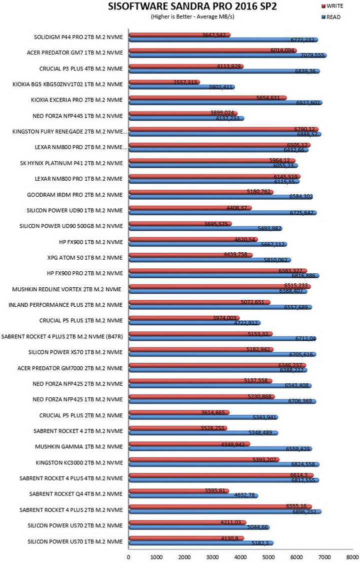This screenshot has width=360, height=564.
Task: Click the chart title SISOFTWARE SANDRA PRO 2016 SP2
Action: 192,7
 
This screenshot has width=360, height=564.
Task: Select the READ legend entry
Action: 331,17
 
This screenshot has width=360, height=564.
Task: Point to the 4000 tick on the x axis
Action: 240,557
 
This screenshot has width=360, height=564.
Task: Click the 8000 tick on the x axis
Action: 352,557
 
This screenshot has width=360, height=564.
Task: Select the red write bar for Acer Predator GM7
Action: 212,51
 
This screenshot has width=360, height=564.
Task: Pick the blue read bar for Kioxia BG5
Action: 182,87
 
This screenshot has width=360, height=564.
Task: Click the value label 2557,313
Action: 185,82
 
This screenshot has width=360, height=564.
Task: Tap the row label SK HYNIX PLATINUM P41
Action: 71,163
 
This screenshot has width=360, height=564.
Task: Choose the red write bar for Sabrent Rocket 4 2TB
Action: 178,428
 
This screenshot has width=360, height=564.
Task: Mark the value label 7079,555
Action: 312,55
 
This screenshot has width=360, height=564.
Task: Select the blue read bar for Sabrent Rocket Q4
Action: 193,495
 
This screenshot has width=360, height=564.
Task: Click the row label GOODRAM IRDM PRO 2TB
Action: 74,195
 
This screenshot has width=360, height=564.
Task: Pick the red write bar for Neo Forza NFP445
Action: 183,113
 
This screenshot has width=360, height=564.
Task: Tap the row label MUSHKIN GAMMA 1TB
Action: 78,446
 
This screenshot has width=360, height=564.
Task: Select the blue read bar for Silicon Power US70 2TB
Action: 199,527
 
